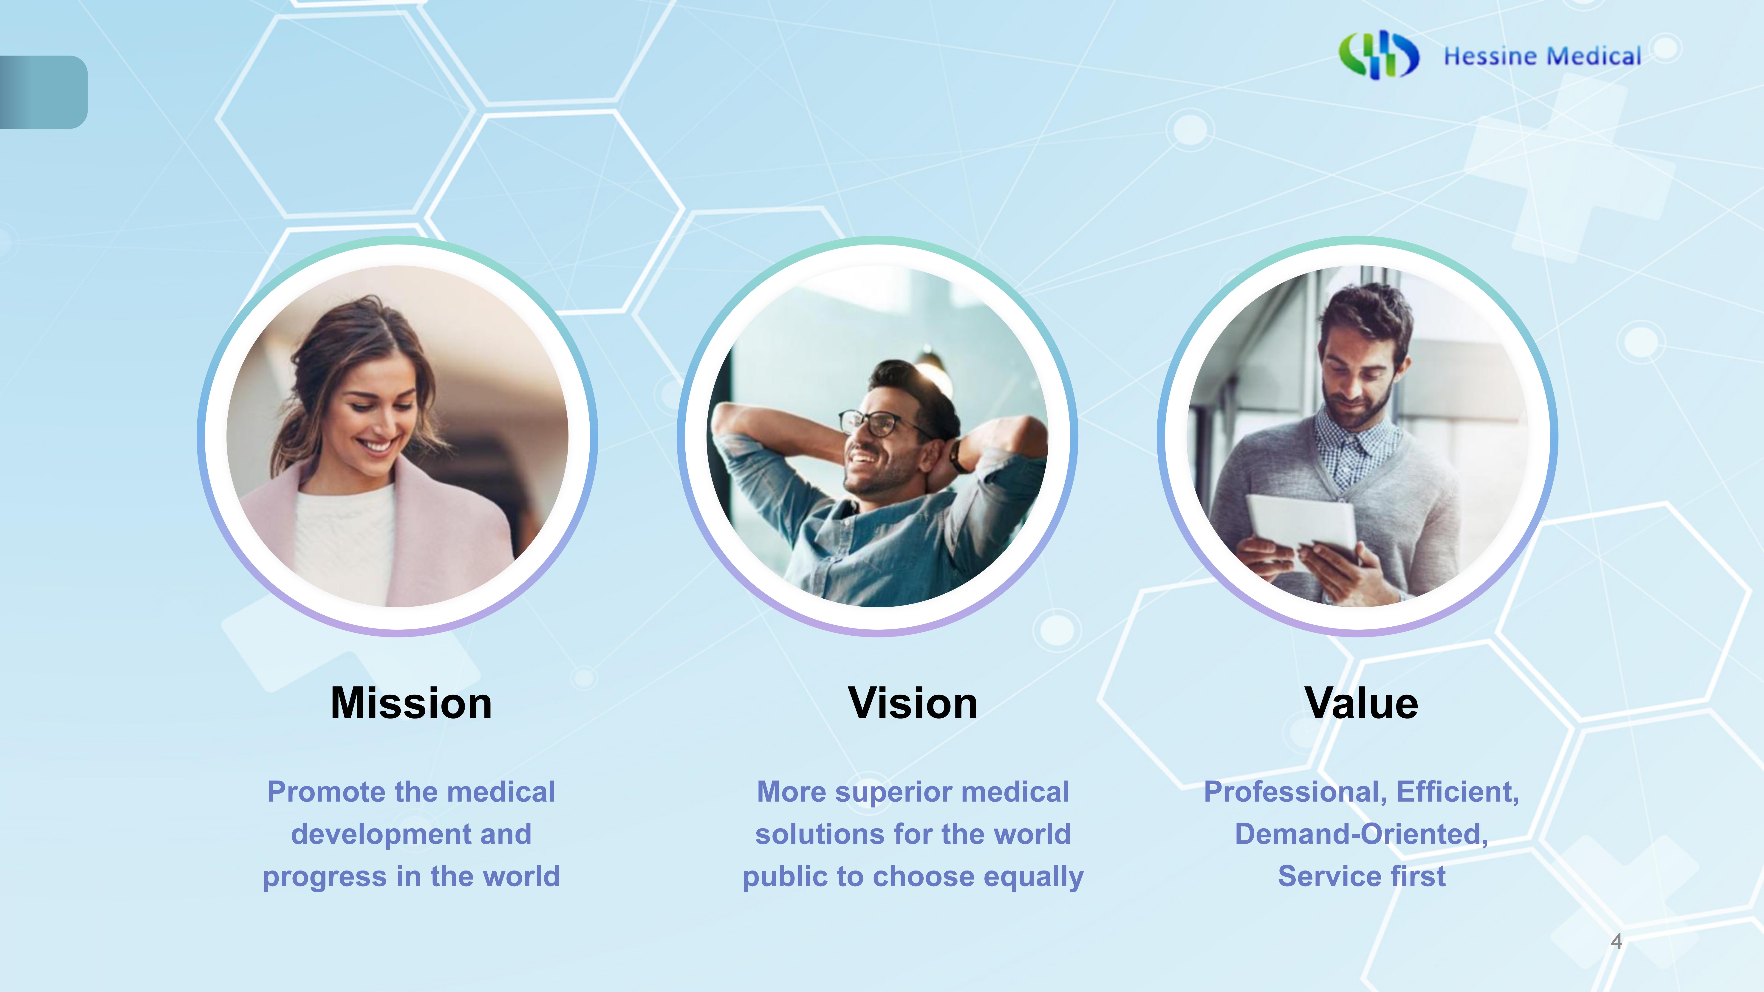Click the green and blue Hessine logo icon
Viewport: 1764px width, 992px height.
pos(1378,55)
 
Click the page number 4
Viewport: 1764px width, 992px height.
pos(1617,941)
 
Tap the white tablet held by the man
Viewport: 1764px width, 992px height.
pos(1301,524)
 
